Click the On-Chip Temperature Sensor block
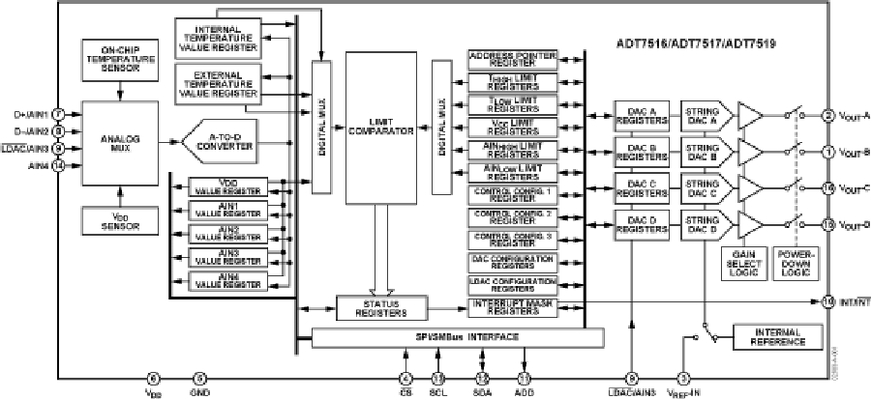118,59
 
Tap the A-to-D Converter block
217,141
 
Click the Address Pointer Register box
512,59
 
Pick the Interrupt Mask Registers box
512,307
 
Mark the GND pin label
200,392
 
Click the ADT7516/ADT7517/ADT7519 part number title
702,43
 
